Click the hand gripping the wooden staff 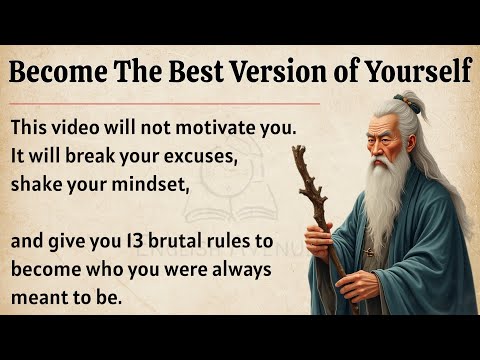pyautogui.click(x=318, y=240)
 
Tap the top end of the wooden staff pyautogui.click(x=298, y=152)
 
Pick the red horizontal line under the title pyautogui.click(x=165, y=101)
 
